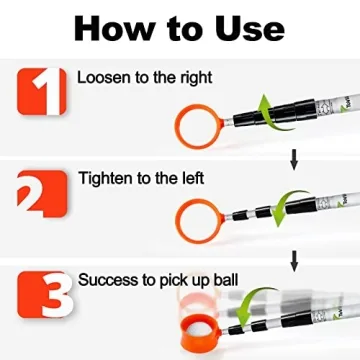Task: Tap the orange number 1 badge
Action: coord(42,87)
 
